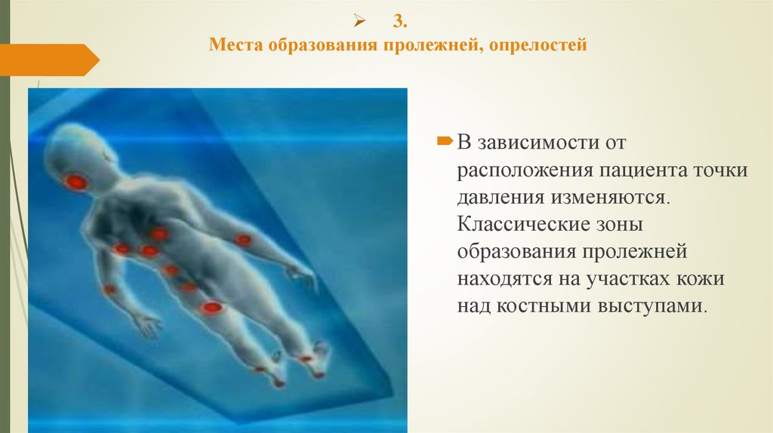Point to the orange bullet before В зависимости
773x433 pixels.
445,140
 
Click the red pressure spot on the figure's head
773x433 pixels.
75,181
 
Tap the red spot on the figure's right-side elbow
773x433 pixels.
243,240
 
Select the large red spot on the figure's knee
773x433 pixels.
212,307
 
